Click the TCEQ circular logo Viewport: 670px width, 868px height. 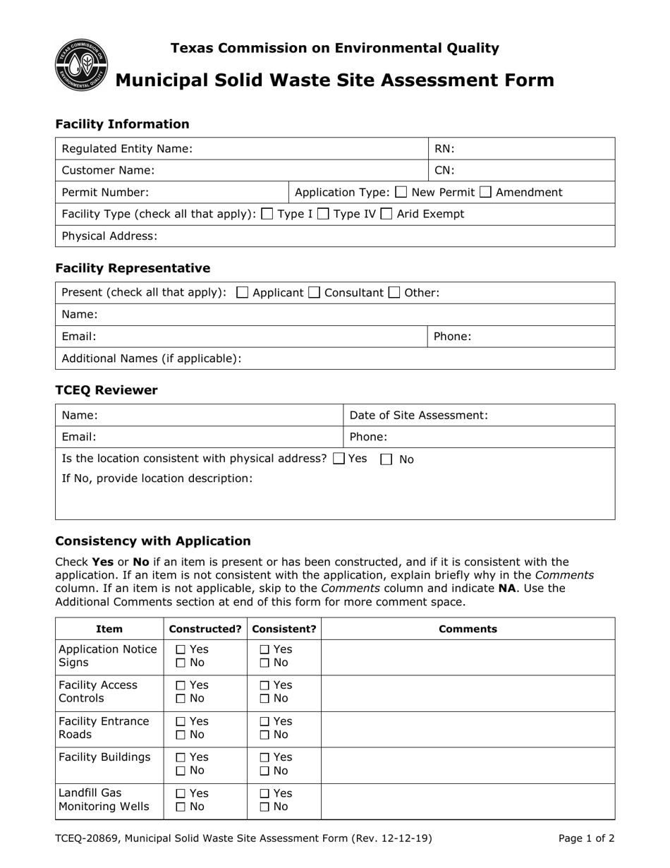pos(81,65)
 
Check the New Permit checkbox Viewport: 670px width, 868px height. pos(401,192)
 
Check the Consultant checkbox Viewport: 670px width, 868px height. pos(314,292)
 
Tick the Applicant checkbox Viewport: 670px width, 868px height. pos(243,292)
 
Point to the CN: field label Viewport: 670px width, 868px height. pos(444,170)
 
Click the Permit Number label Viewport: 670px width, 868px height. pos(105,192)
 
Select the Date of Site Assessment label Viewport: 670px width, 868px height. pos(418,416)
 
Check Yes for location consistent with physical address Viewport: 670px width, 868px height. pos(339,459)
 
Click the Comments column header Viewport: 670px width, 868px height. pos(468,629)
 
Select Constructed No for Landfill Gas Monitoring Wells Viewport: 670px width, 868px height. pos(181,807)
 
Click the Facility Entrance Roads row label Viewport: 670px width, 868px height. pos(104,728)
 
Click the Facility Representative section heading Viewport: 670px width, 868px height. pos(133,268)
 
